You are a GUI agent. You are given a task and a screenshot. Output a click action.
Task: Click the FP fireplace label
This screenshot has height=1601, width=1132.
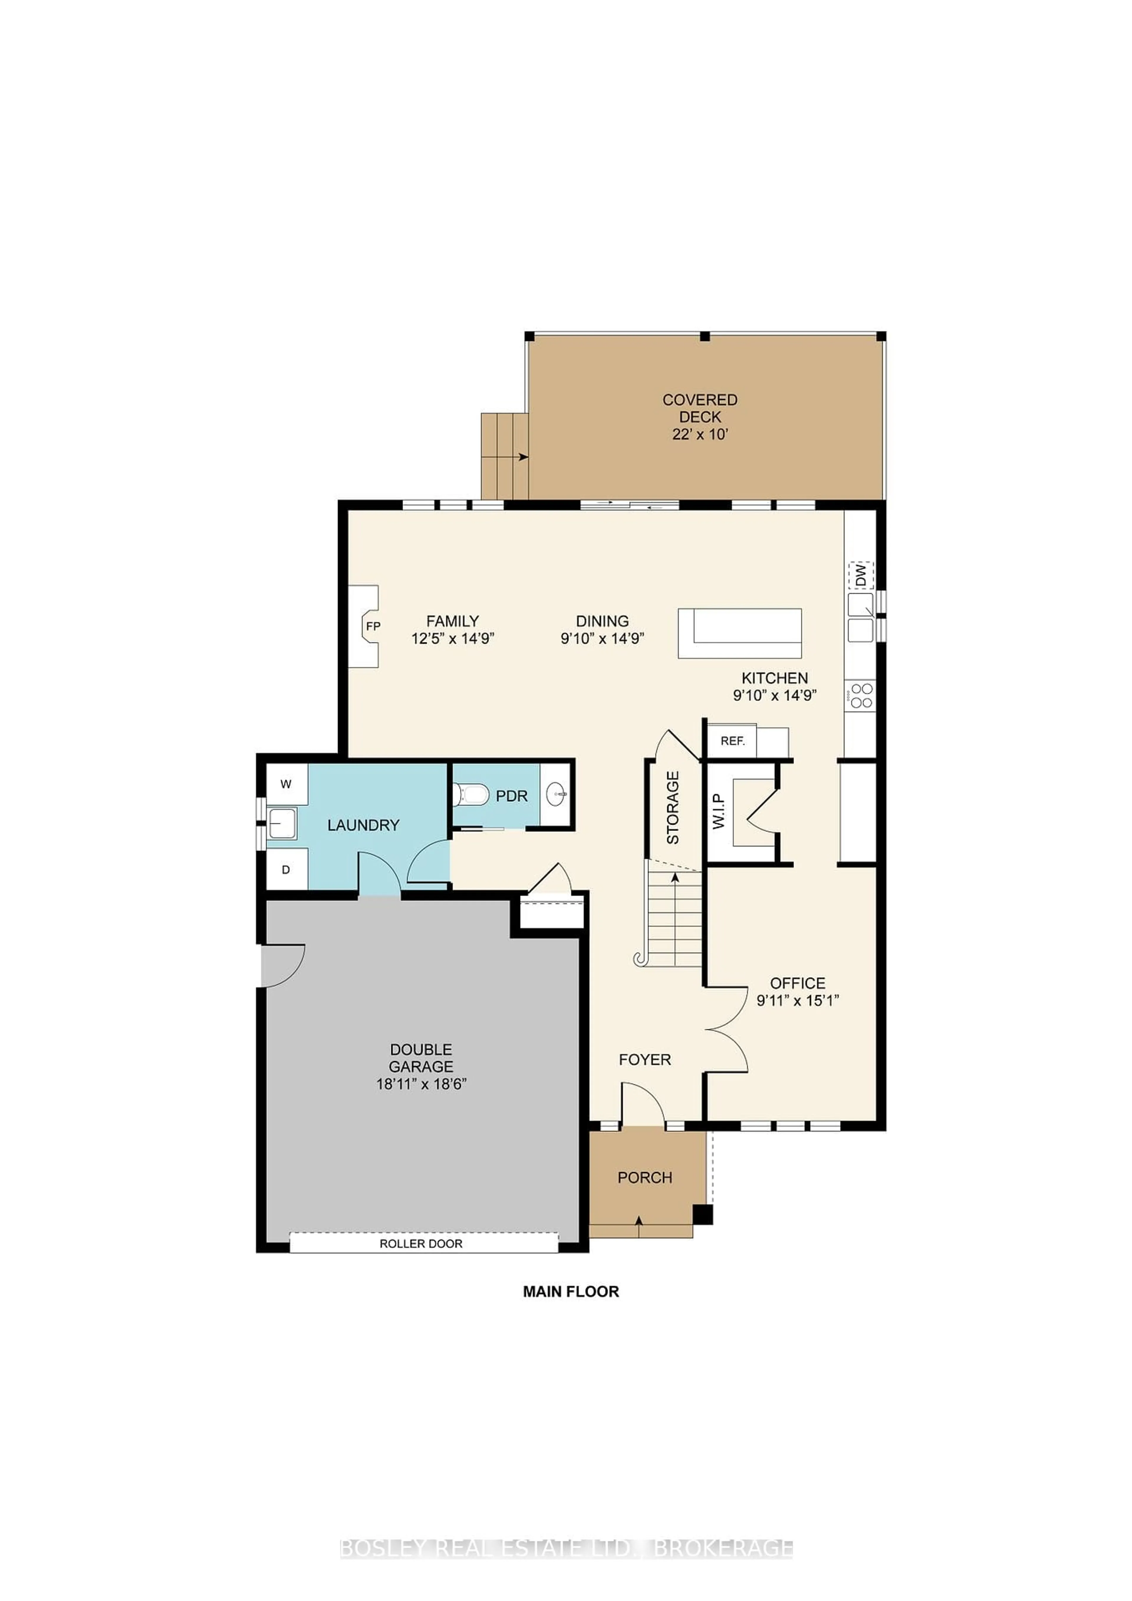[373, 626]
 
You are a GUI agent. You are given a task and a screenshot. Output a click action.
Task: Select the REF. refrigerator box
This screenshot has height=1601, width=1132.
[733, 741]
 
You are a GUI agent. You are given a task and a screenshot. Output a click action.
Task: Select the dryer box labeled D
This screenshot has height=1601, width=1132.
[286, 870]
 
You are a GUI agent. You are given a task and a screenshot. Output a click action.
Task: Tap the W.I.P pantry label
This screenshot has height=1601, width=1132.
[719, 812]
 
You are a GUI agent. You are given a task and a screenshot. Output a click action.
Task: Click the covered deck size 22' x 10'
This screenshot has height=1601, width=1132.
[700, 434]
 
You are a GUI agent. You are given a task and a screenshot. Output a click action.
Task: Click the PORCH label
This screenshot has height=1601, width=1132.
[645, 1178]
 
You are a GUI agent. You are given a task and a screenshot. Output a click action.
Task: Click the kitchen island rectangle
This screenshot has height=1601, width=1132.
[740, 633]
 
